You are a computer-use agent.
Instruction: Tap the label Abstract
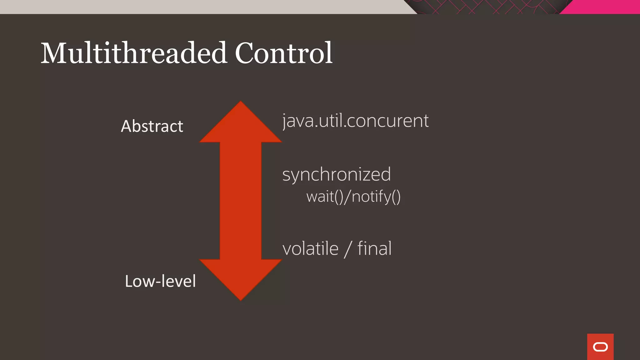152,126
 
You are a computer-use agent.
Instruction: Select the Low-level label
160,281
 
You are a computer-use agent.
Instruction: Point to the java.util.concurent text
355,121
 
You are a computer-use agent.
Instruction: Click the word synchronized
337,174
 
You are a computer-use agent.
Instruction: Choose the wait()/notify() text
353,197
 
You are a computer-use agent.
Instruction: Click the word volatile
310,249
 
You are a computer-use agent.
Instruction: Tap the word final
374,249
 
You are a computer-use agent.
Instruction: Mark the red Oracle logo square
600,347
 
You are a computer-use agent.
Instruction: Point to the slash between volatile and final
348,249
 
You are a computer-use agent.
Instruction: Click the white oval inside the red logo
600,347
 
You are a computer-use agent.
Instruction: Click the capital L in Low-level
128,281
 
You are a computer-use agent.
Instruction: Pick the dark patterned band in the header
487,7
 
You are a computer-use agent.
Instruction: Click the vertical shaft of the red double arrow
241,200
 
